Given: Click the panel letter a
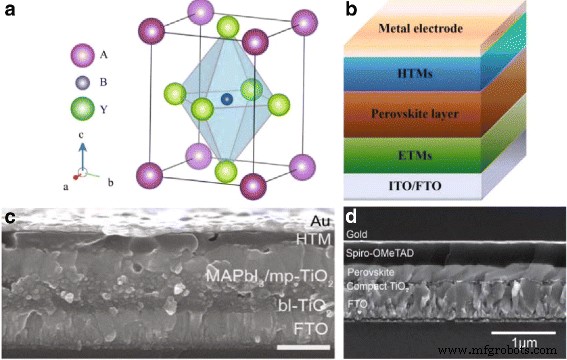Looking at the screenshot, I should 13,13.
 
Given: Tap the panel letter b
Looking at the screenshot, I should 354,13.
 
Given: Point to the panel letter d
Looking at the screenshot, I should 352,217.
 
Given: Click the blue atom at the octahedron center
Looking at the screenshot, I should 228,98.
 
